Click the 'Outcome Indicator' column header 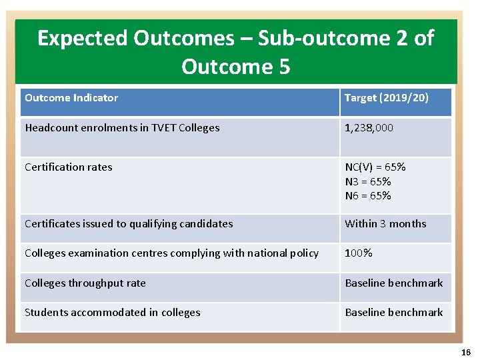(71, 98)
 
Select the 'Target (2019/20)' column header (386, 98)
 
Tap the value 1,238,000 (369, 128)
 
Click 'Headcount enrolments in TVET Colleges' (122, 128)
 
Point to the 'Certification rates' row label (69, 167)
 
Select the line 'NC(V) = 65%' (375, 167)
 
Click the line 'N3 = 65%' (367, 181)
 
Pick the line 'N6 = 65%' (367, 195)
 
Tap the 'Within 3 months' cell (385, 224)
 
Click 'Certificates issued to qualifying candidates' (129, 224)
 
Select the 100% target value (358, 253)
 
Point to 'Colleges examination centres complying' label (171, 253)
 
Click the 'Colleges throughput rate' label (85, 283)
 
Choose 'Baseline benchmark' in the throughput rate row (393, 283)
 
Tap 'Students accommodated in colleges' (113, 313)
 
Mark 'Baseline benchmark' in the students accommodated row (393, 313)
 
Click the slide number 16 (465, 352)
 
